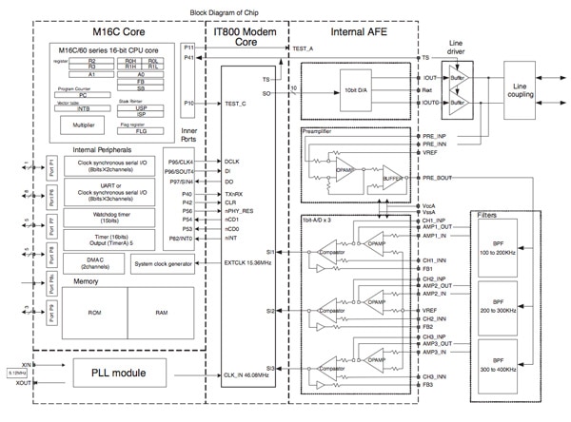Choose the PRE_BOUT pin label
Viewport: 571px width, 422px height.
[x=438, y=179]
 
